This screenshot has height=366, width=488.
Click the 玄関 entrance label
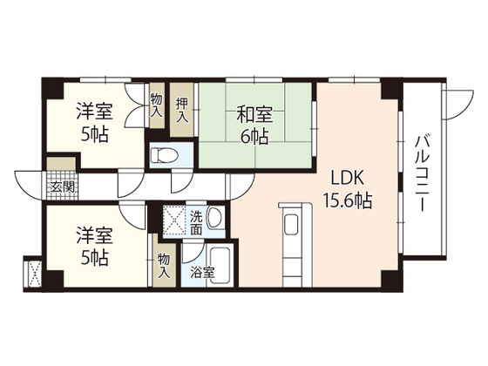61,186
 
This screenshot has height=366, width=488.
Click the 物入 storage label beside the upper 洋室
156,106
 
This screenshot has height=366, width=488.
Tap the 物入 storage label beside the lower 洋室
163,265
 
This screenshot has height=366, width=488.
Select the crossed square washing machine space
173,221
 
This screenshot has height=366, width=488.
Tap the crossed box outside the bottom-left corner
34,273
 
